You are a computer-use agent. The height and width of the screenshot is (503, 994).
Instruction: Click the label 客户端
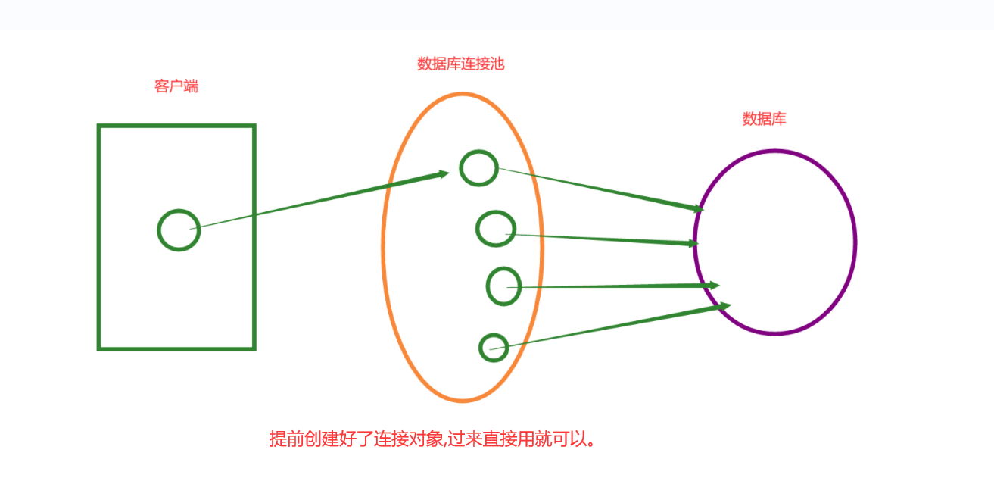176,86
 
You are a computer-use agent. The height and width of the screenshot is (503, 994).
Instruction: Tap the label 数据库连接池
460,64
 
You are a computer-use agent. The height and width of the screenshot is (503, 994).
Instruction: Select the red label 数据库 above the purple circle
764,119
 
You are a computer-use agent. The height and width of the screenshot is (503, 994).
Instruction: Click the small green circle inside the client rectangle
179,230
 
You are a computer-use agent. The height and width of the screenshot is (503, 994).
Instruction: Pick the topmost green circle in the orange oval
478,168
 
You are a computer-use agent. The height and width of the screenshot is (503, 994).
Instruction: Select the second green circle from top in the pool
496,228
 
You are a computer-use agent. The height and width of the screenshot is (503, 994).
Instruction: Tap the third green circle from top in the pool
504,286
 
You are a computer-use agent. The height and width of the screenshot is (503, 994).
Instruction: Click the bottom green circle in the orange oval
494,347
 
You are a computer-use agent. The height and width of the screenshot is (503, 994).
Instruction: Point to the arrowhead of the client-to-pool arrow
444,174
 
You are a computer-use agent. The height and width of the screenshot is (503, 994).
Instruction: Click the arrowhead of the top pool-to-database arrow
699,208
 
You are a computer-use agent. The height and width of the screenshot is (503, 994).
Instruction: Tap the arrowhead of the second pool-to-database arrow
693,243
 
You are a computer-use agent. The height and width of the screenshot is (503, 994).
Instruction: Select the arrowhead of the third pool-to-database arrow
714,286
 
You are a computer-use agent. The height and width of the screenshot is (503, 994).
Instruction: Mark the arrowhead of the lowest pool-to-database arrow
725,306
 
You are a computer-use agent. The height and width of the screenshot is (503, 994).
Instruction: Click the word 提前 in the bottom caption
284,439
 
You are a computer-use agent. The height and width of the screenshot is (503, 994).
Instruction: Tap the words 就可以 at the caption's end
562,439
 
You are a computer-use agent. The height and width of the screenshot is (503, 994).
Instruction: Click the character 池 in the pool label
497,64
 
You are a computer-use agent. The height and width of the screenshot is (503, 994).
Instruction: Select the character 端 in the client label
191,86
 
